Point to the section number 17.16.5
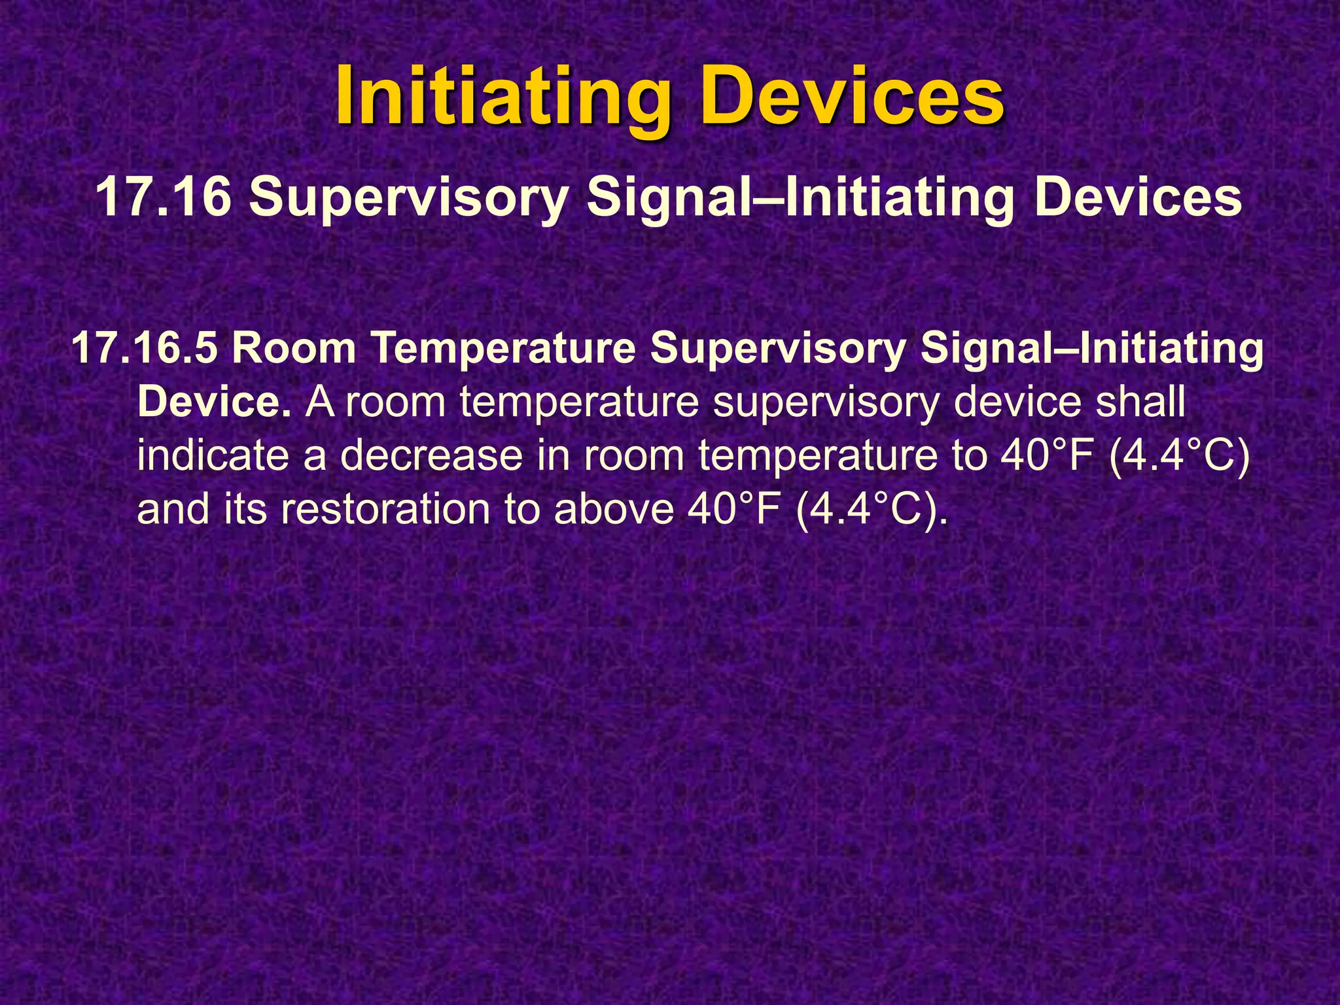[x=144, y=348]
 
